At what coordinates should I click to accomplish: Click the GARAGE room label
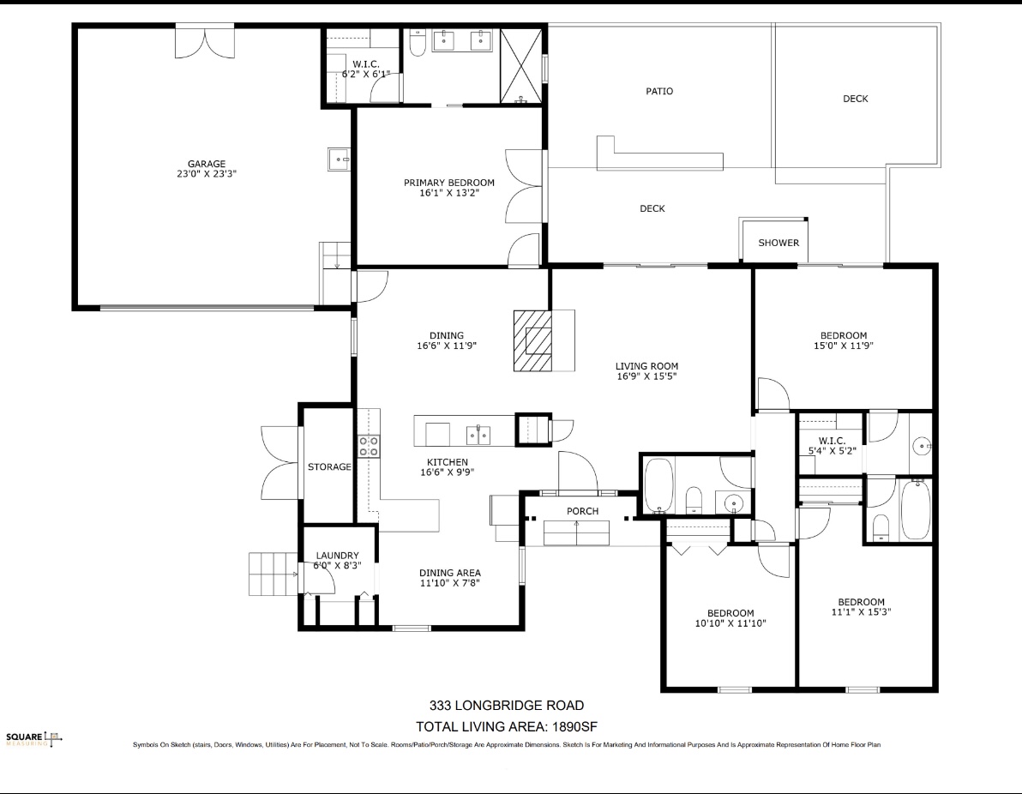coord(207,164)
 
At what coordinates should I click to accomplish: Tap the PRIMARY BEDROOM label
coord(449,183)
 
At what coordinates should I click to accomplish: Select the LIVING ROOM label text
coord(646,366)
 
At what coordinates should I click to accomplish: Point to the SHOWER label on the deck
coord(779,243)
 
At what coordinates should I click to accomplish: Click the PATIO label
coord(659,91)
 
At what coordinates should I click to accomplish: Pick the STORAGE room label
coord(329,466)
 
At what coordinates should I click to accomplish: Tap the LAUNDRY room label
coord(337,556)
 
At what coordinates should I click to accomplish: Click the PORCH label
coord(582,511)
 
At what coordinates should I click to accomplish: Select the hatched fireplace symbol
coord(532,341)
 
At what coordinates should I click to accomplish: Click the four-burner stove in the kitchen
coord(369,446)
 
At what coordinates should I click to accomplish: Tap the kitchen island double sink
coord(479,434)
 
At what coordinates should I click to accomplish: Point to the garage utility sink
coord(339,159)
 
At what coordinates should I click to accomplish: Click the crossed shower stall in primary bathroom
coord(520,66)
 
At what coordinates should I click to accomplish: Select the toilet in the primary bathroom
coord(418,44)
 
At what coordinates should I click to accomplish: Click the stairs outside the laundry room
coord(274,574)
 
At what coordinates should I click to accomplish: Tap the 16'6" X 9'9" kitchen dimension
coord(448,472)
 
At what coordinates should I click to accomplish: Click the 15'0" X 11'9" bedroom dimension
coord(844,346)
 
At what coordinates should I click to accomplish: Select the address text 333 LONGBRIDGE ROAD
coord(507,706)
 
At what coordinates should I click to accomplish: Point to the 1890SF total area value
coord(574,727)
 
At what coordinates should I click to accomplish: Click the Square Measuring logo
coord(34,739)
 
